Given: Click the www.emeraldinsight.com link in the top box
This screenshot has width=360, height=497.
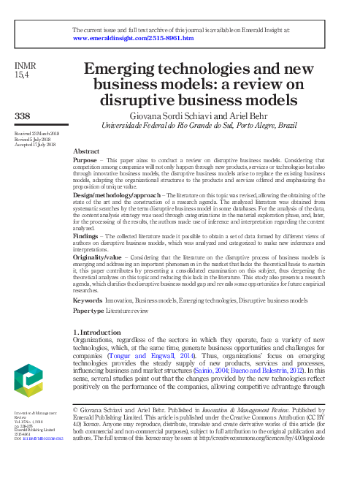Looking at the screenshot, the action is tap(134, 38).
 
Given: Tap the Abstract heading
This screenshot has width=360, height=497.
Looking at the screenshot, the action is tap(87, 151).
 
